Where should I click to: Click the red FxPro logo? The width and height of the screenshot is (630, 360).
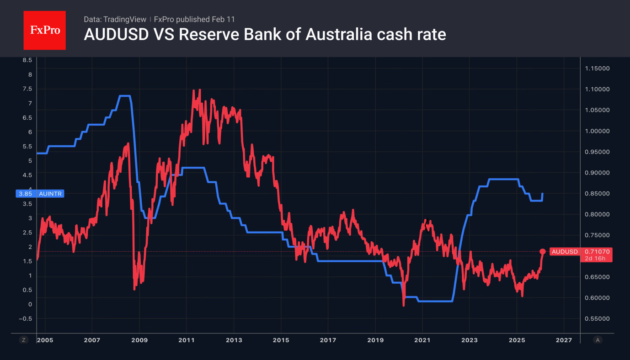click(x=44, y=30)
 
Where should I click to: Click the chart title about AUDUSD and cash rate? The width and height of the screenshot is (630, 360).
click(x=265, y=34)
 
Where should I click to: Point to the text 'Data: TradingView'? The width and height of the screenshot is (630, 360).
click(x=115, y=19)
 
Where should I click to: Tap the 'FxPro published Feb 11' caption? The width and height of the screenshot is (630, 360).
click(x=194, y=19)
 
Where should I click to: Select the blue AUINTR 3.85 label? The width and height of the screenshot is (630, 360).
click(x=40, y=194)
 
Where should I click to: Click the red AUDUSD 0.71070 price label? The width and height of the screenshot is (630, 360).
click(x=580, y=252)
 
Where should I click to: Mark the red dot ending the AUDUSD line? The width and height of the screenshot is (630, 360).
click(x=543, y=252)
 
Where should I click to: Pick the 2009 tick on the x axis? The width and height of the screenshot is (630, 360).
click(x=139, y=340)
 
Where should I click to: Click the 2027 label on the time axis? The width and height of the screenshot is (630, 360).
click(x=564, y=340)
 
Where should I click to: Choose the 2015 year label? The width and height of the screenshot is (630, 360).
click(x=281, y=340)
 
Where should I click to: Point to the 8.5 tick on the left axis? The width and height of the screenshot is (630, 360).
click(x=27, y=60)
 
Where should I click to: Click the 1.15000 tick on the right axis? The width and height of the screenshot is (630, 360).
click(x=597, y=69)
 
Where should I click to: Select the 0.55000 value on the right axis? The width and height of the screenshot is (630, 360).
click(x=597, y=318)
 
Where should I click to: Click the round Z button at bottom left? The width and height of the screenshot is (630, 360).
click(x=24, y=340)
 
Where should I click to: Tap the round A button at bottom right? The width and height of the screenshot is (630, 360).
click(x=597, y=340)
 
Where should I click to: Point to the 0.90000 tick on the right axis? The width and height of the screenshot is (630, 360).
click(x=597, y=173)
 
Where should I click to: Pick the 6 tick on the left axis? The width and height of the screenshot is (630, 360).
click(x=30, y=132)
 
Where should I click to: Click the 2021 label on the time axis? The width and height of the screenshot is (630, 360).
click(x=422, y=340)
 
